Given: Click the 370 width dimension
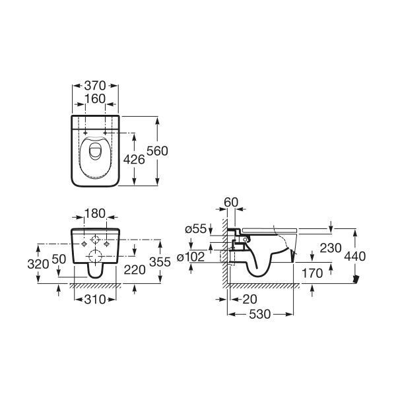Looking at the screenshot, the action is pos(95,86).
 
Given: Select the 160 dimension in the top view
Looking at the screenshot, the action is pos(95,99).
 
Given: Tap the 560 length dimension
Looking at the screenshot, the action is pos(157,151).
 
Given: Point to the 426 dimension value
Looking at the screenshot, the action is pos(134,160).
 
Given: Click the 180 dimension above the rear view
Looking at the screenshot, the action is pos(94,214).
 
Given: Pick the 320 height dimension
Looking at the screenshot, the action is pos(38,265).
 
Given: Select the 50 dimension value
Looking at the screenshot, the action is pos(59,259).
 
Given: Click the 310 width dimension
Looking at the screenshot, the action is pos(95,300).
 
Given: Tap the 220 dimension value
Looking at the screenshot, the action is pos(135,270).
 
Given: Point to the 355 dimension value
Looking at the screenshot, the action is pos(160,262).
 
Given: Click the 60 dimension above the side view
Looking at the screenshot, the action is pos(231,203).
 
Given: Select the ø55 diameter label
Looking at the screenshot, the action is pos(196,229).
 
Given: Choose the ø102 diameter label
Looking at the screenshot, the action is pos(191,257).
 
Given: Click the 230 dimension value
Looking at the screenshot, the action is pos(331,248).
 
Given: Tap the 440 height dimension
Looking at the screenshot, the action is pos(355,256).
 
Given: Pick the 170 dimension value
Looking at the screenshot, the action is pos(312,273).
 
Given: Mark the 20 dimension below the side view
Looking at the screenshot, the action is pos(249,300).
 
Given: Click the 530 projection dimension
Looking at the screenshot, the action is pos(260,314).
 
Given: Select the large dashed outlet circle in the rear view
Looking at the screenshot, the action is pos(95,256).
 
